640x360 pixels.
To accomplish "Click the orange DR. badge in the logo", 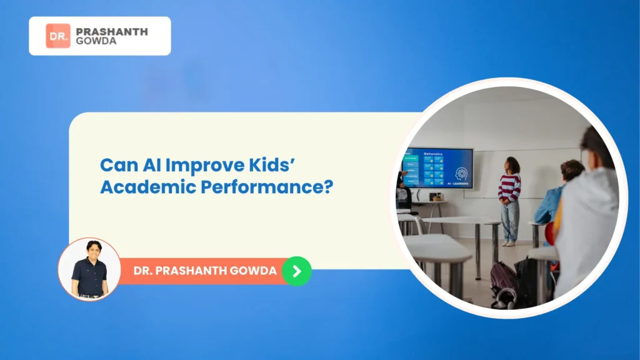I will coord(57,36).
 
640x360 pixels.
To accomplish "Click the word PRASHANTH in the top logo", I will coord(111,31).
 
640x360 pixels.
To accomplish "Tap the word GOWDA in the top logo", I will coord(95,42).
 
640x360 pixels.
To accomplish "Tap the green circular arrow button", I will coord(296,271).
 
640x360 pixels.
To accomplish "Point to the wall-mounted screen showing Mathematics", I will coord(438,167).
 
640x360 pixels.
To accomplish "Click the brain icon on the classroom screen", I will coord(462,173).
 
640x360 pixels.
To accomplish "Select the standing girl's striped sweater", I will coord(509,187).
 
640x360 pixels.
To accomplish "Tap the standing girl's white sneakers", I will coord(509,243).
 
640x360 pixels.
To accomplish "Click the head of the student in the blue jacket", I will coord(571,171).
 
